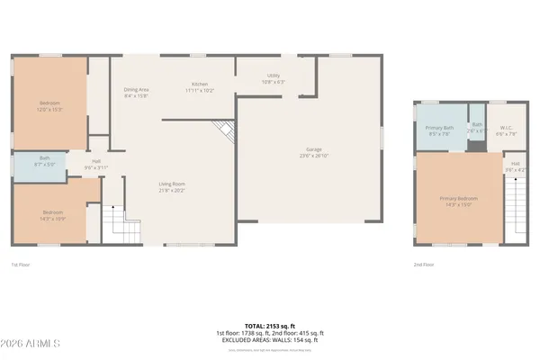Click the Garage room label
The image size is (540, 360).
pos(313,149)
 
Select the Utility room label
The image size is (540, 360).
pos(273,76)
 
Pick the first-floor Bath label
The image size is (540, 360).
pos(44,159)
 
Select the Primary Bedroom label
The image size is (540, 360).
pos(458,198)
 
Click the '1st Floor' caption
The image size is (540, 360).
pos(22,265)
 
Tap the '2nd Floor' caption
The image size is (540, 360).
pos(424,265)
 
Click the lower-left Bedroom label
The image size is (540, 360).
pos(53,212)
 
